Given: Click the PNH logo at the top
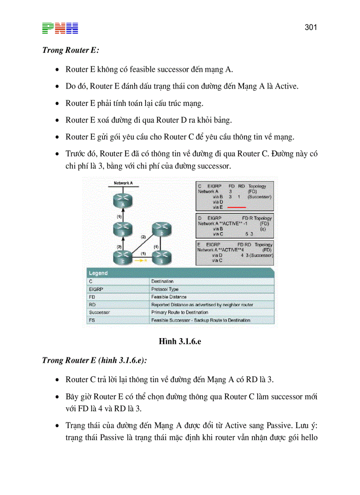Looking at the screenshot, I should coord(60,28).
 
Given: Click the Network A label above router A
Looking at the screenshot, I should coord(123,183).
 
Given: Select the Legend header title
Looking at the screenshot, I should coord(99,273).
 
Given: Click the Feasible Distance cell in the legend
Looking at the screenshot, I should coord(169,297).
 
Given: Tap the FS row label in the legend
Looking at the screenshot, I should coord(92,320).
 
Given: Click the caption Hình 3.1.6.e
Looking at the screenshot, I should coord(180,341).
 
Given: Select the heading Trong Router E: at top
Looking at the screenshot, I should coord(71,50).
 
